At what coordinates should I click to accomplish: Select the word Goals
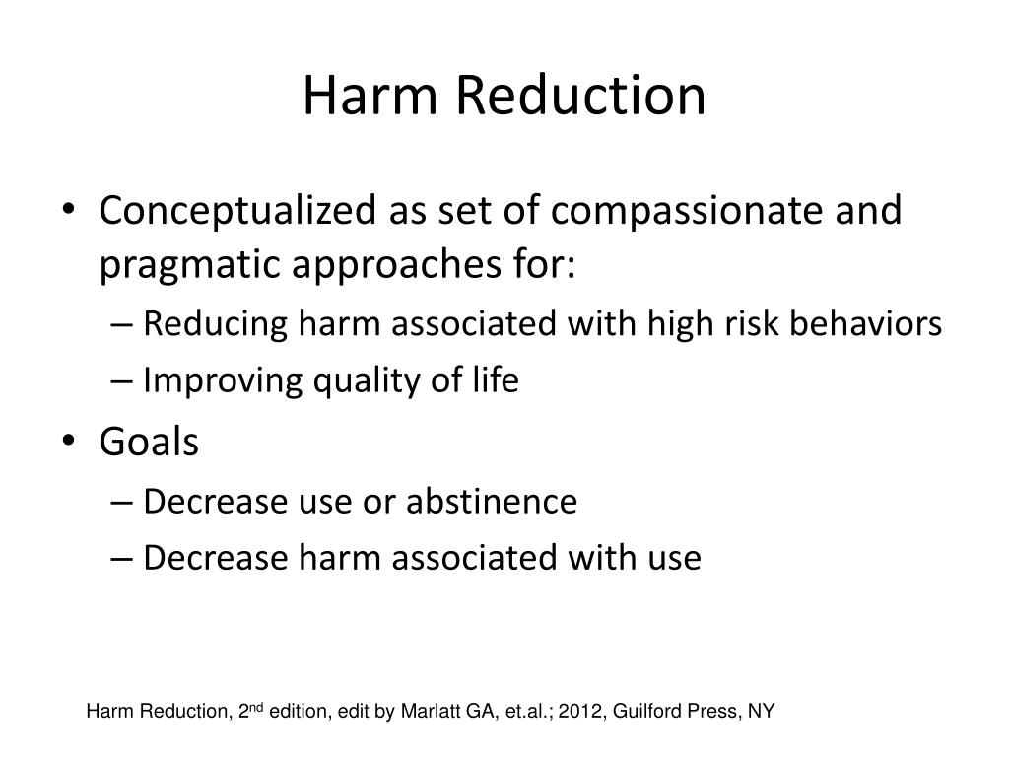(149, 443)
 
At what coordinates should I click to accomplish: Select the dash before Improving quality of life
(132, 382)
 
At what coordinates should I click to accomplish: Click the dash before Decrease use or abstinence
(132, 502)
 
